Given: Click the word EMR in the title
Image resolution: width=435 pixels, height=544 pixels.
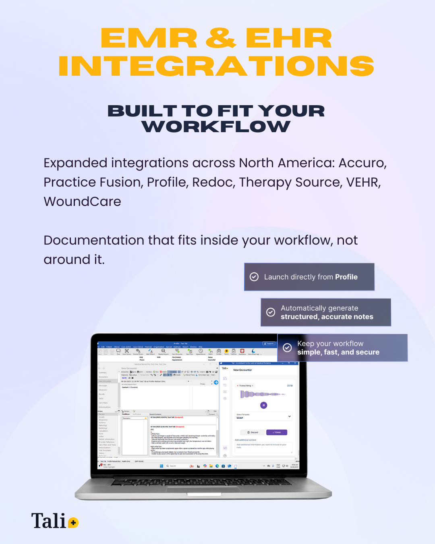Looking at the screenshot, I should [149, 39].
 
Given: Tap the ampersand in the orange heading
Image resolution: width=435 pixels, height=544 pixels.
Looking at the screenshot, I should [221, 39].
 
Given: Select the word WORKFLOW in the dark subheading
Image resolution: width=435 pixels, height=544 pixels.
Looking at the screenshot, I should [216, 127].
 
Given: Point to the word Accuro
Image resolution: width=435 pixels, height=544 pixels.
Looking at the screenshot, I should [362, 163].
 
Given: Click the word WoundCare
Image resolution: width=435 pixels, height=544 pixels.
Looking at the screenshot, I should [82, 201].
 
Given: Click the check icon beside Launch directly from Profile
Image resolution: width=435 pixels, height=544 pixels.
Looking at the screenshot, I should [254, 277].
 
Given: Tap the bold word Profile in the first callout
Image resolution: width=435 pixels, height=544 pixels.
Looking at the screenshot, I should [346, 277].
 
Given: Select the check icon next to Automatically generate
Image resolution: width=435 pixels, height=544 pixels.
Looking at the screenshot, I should [271, 312].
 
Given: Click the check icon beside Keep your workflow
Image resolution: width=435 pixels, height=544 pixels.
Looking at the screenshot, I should [287, 348].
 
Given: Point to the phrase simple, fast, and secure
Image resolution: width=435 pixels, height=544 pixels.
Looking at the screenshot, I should [338, 352].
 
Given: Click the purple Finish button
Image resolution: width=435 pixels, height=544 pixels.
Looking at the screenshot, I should [277, 432].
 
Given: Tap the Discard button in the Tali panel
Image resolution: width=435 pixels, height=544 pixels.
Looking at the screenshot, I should [253, 432].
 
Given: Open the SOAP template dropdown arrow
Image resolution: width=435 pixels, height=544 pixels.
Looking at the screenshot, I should [289, 416].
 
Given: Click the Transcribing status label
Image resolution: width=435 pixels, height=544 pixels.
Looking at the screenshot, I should [245, 386].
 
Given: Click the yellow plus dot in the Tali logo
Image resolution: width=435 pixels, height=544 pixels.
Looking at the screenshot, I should [73, 523].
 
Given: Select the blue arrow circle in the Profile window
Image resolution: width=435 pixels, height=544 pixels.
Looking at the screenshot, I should [216, 382].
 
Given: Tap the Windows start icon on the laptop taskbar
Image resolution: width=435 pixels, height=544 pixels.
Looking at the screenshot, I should [162, 466].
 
